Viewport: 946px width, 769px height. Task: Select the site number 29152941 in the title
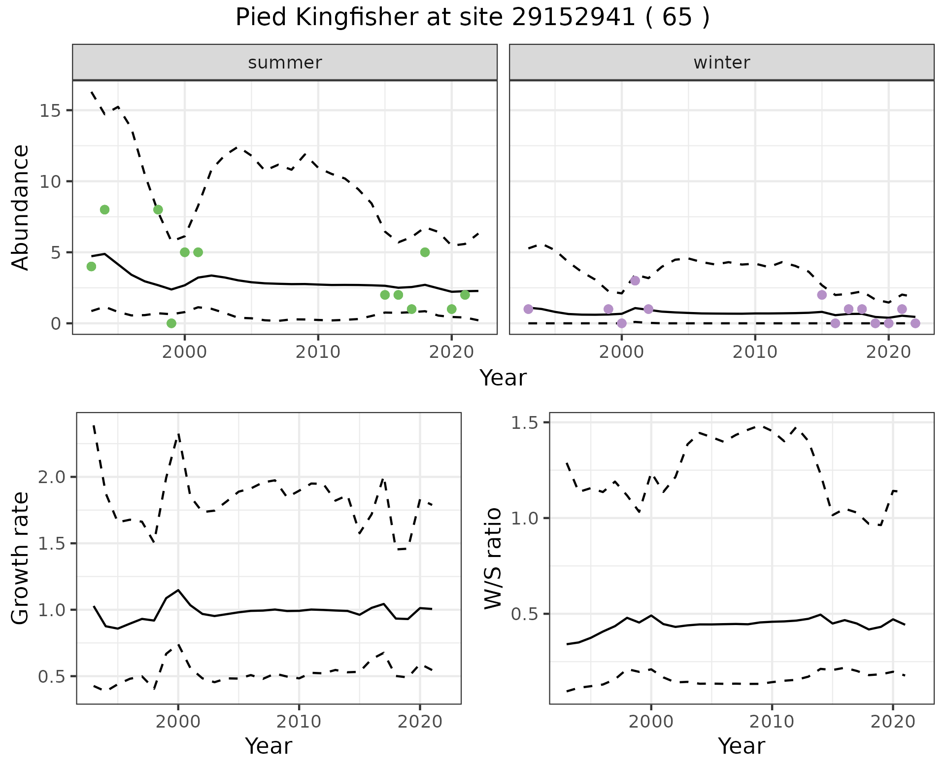(x=573, y=18)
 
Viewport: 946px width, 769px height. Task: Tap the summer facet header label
(x=285, y=63)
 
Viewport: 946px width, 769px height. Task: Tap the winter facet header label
(x=721, y=63)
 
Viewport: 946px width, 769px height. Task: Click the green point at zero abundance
(x=171, y=323)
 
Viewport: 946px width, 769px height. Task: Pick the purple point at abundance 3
(x=635, y=280)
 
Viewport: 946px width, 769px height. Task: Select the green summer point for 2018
(x=425, y=252)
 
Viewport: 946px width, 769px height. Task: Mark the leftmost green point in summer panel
(x=91, y=267)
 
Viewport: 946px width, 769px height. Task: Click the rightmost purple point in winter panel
(x=915, y=323)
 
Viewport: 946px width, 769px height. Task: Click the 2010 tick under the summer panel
(x=318, y=352)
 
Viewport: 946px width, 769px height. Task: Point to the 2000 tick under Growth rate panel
(x=178, y=722)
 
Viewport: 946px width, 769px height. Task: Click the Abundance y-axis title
(x=20, y=207)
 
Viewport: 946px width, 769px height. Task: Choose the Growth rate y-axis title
(x=20, y=558)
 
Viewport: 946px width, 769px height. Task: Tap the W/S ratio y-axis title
(x=493, y=558)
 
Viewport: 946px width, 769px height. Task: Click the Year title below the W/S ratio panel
(x=741, y=746)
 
